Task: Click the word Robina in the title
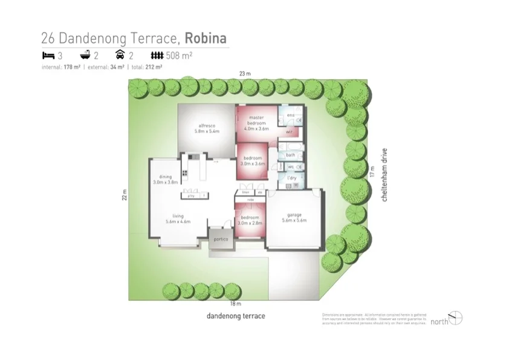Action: point(206,39)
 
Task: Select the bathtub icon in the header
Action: point(85,56)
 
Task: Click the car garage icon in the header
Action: point(120,56)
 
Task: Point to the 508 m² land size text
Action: point(179,56)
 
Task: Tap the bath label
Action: point(290,155)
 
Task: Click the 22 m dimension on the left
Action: point(124,195)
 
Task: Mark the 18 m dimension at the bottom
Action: point(236,304)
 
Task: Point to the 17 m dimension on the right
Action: point(373,172)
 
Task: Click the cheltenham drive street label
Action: point(384,175)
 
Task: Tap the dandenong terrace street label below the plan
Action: point(236,316)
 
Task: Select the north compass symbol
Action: point(456,318)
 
